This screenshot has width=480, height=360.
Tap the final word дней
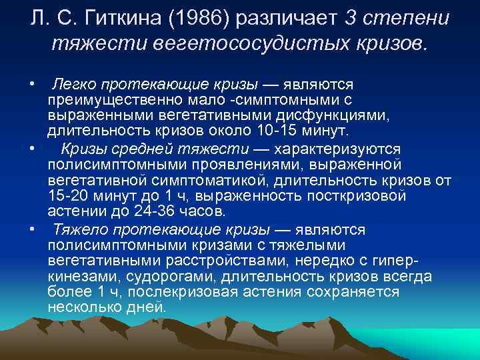(149, 308)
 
